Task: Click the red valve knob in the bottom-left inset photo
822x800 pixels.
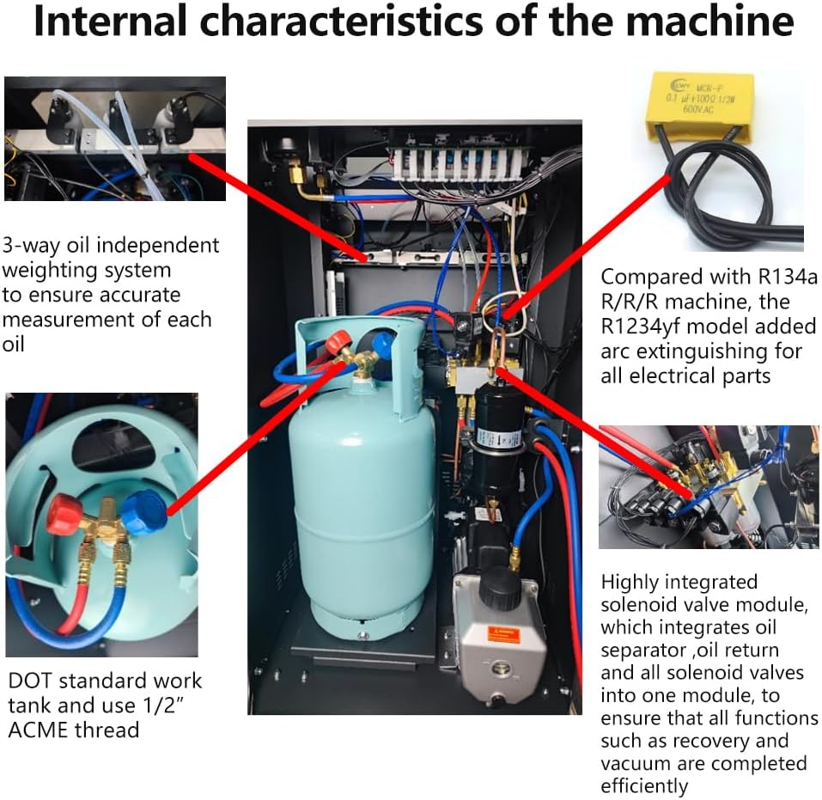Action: [65, 514]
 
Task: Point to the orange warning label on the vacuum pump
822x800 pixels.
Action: [503, 634]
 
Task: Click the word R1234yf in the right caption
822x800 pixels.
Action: [644, 327]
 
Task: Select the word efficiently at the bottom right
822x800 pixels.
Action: [644, 785]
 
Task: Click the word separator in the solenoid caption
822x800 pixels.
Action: [639, 650]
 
